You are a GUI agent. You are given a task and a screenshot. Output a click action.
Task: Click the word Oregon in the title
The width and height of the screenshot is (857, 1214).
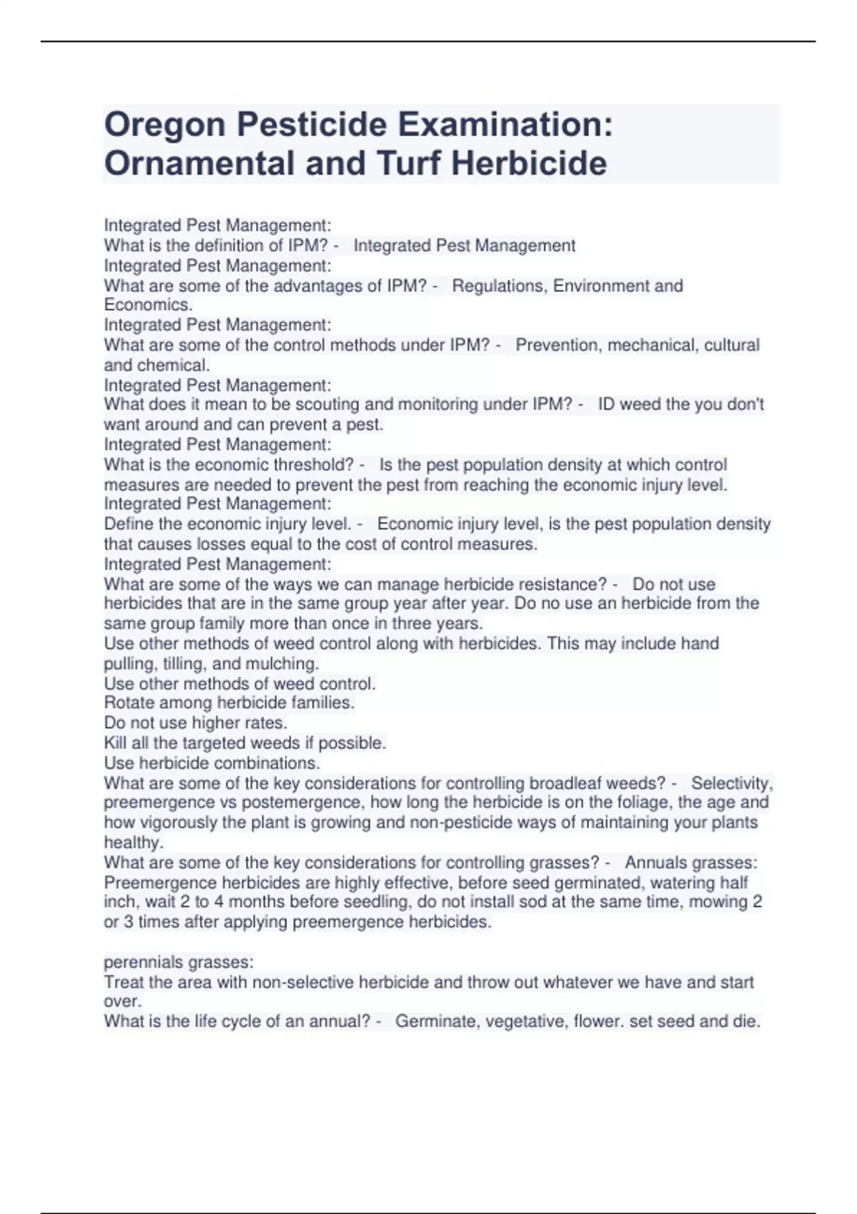[x=164, y=125]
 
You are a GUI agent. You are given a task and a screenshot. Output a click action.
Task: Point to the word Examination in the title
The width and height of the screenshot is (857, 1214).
[x=500, y=125]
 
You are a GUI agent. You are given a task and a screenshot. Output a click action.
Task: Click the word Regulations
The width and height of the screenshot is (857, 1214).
[x=497, y=286]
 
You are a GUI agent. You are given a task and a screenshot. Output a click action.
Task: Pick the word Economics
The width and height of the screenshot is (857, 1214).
[x=148, y=305]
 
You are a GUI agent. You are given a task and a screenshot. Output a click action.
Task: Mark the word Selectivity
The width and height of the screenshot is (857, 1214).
[x=731, y=783]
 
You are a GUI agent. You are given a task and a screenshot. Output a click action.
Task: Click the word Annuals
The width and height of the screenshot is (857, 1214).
[x=654, y=863]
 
